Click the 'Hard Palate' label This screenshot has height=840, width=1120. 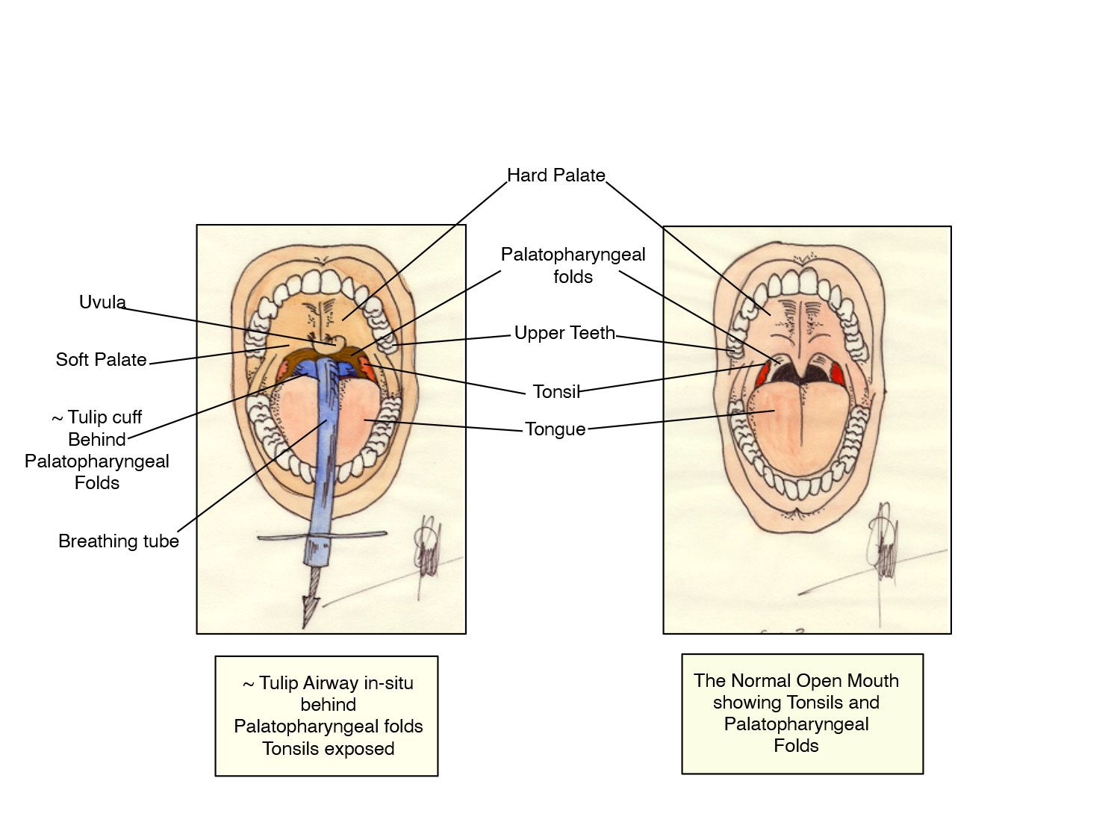coord(556,175)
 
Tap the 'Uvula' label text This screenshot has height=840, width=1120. coord(102,302)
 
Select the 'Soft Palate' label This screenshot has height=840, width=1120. coord(101,359)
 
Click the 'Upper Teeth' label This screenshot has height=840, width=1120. coord(564,333)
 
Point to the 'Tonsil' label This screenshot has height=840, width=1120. coord(556,391)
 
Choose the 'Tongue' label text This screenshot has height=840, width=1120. coord(555,429)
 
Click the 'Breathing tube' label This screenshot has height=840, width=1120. coord(119,541)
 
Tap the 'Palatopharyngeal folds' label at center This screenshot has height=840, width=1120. coord(573,265)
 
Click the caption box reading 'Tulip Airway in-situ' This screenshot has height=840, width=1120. coord(327,715)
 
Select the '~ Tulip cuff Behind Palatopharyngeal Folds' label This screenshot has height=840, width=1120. coord(97,449)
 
